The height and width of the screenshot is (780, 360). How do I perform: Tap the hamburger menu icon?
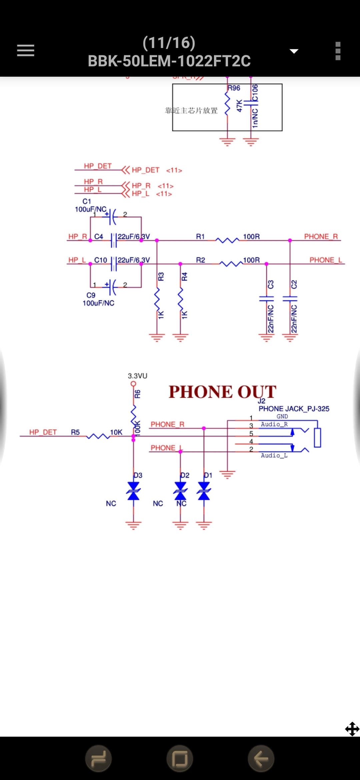(26, 51)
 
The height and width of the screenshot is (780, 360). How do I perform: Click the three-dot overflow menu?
(338, 51)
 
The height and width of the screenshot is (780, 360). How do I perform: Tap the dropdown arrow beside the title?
(294, 51)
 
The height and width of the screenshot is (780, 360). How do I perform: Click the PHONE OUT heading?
(222, 392)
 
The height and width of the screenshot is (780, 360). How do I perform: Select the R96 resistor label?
(234, 88)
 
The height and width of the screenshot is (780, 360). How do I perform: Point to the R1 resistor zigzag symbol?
(227, 240)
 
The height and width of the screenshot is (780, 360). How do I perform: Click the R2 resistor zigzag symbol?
(231, 264)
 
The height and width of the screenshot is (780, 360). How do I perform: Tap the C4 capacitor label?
(98, 237)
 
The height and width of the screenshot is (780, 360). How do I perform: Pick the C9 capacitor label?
(91, 295)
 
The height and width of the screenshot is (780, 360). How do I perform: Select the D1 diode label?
(208, 475)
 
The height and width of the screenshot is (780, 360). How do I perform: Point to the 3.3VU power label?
(137, 376)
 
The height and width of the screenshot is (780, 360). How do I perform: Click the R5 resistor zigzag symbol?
(98, 436)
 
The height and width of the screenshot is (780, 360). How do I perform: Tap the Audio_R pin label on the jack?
(274, 424)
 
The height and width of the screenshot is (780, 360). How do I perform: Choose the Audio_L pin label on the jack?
(274, 456)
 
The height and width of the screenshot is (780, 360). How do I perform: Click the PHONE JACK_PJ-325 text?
(294, 409)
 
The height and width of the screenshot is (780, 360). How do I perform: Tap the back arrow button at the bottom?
(261, 759)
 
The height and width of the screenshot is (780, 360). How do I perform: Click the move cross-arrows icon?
(352, 729)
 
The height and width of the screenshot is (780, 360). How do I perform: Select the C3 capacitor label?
(271, 284)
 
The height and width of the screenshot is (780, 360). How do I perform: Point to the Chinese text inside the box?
(191, 111)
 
